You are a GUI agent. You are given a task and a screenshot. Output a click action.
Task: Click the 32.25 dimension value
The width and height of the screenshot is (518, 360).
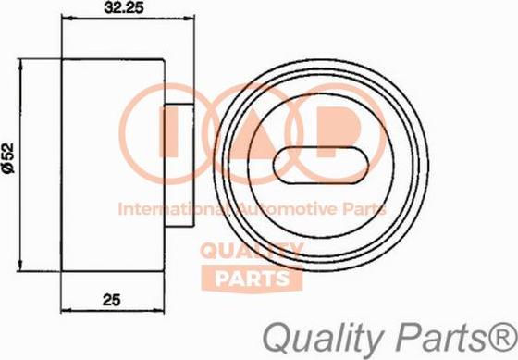click(124, 7)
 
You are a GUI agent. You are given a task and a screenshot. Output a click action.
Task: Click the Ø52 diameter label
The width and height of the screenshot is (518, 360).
click(9, 158)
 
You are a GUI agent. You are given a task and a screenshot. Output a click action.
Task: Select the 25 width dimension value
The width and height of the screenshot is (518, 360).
click(112, 300)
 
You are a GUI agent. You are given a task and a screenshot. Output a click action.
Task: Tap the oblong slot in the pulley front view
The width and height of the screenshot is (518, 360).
click(320, 166)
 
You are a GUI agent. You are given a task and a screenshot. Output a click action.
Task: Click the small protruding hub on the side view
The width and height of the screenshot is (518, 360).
click(179, 166)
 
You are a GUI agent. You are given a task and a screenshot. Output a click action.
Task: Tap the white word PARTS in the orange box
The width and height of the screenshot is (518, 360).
click(253, 279)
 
